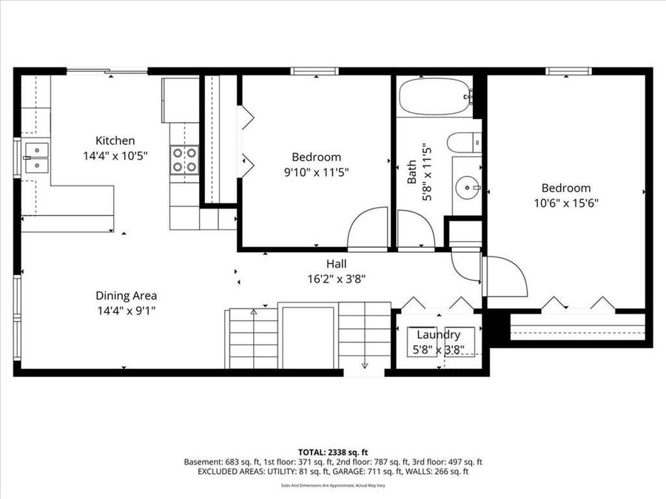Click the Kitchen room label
[x=115, y=140]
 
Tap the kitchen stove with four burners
[x=184, y=160]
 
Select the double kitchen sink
[x=36, y=157]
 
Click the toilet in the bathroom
[x=466, y=142]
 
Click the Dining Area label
[x=125, y=296]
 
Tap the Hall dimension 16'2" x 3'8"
[x=336, y=279]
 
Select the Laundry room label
[x=438, y=335]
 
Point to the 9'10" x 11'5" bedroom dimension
[x=316, y=172]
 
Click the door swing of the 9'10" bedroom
[x=369, y=229]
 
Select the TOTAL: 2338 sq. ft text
[x=332, y=451]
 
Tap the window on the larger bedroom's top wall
[x=568, y=71]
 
